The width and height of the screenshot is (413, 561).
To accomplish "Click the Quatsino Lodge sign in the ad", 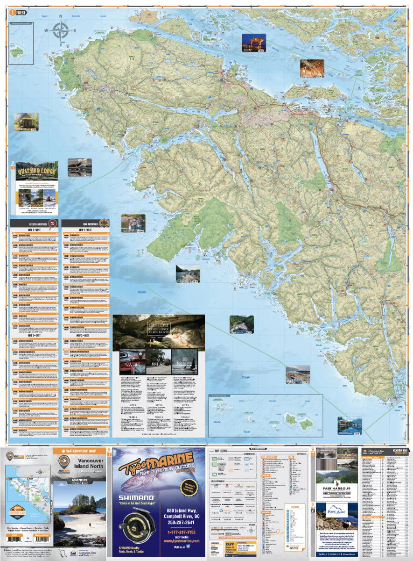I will pyautogui.click(x=37, y=171).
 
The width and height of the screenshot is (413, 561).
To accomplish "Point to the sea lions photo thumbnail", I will pyautogui.click(x=79, y=167).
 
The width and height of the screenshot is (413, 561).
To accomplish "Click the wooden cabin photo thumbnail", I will pyautogui.click(x=26, y=122).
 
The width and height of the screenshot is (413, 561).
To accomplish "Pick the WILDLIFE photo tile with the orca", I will pyautogui.click(x=184, y=361).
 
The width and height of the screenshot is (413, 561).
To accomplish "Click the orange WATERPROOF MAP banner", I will pyautogui.click(x=79, y=451).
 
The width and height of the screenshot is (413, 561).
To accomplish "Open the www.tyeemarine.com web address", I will pyautogui.click(x=181, y=540).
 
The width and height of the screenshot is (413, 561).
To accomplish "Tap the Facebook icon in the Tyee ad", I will pyautogui.click(x=189, y=547).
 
